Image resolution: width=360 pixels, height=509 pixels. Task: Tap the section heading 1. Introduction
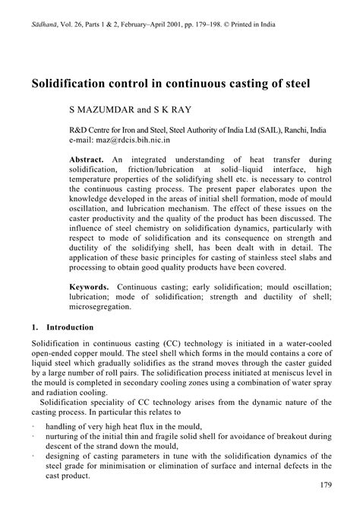[x=62, y=328]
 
